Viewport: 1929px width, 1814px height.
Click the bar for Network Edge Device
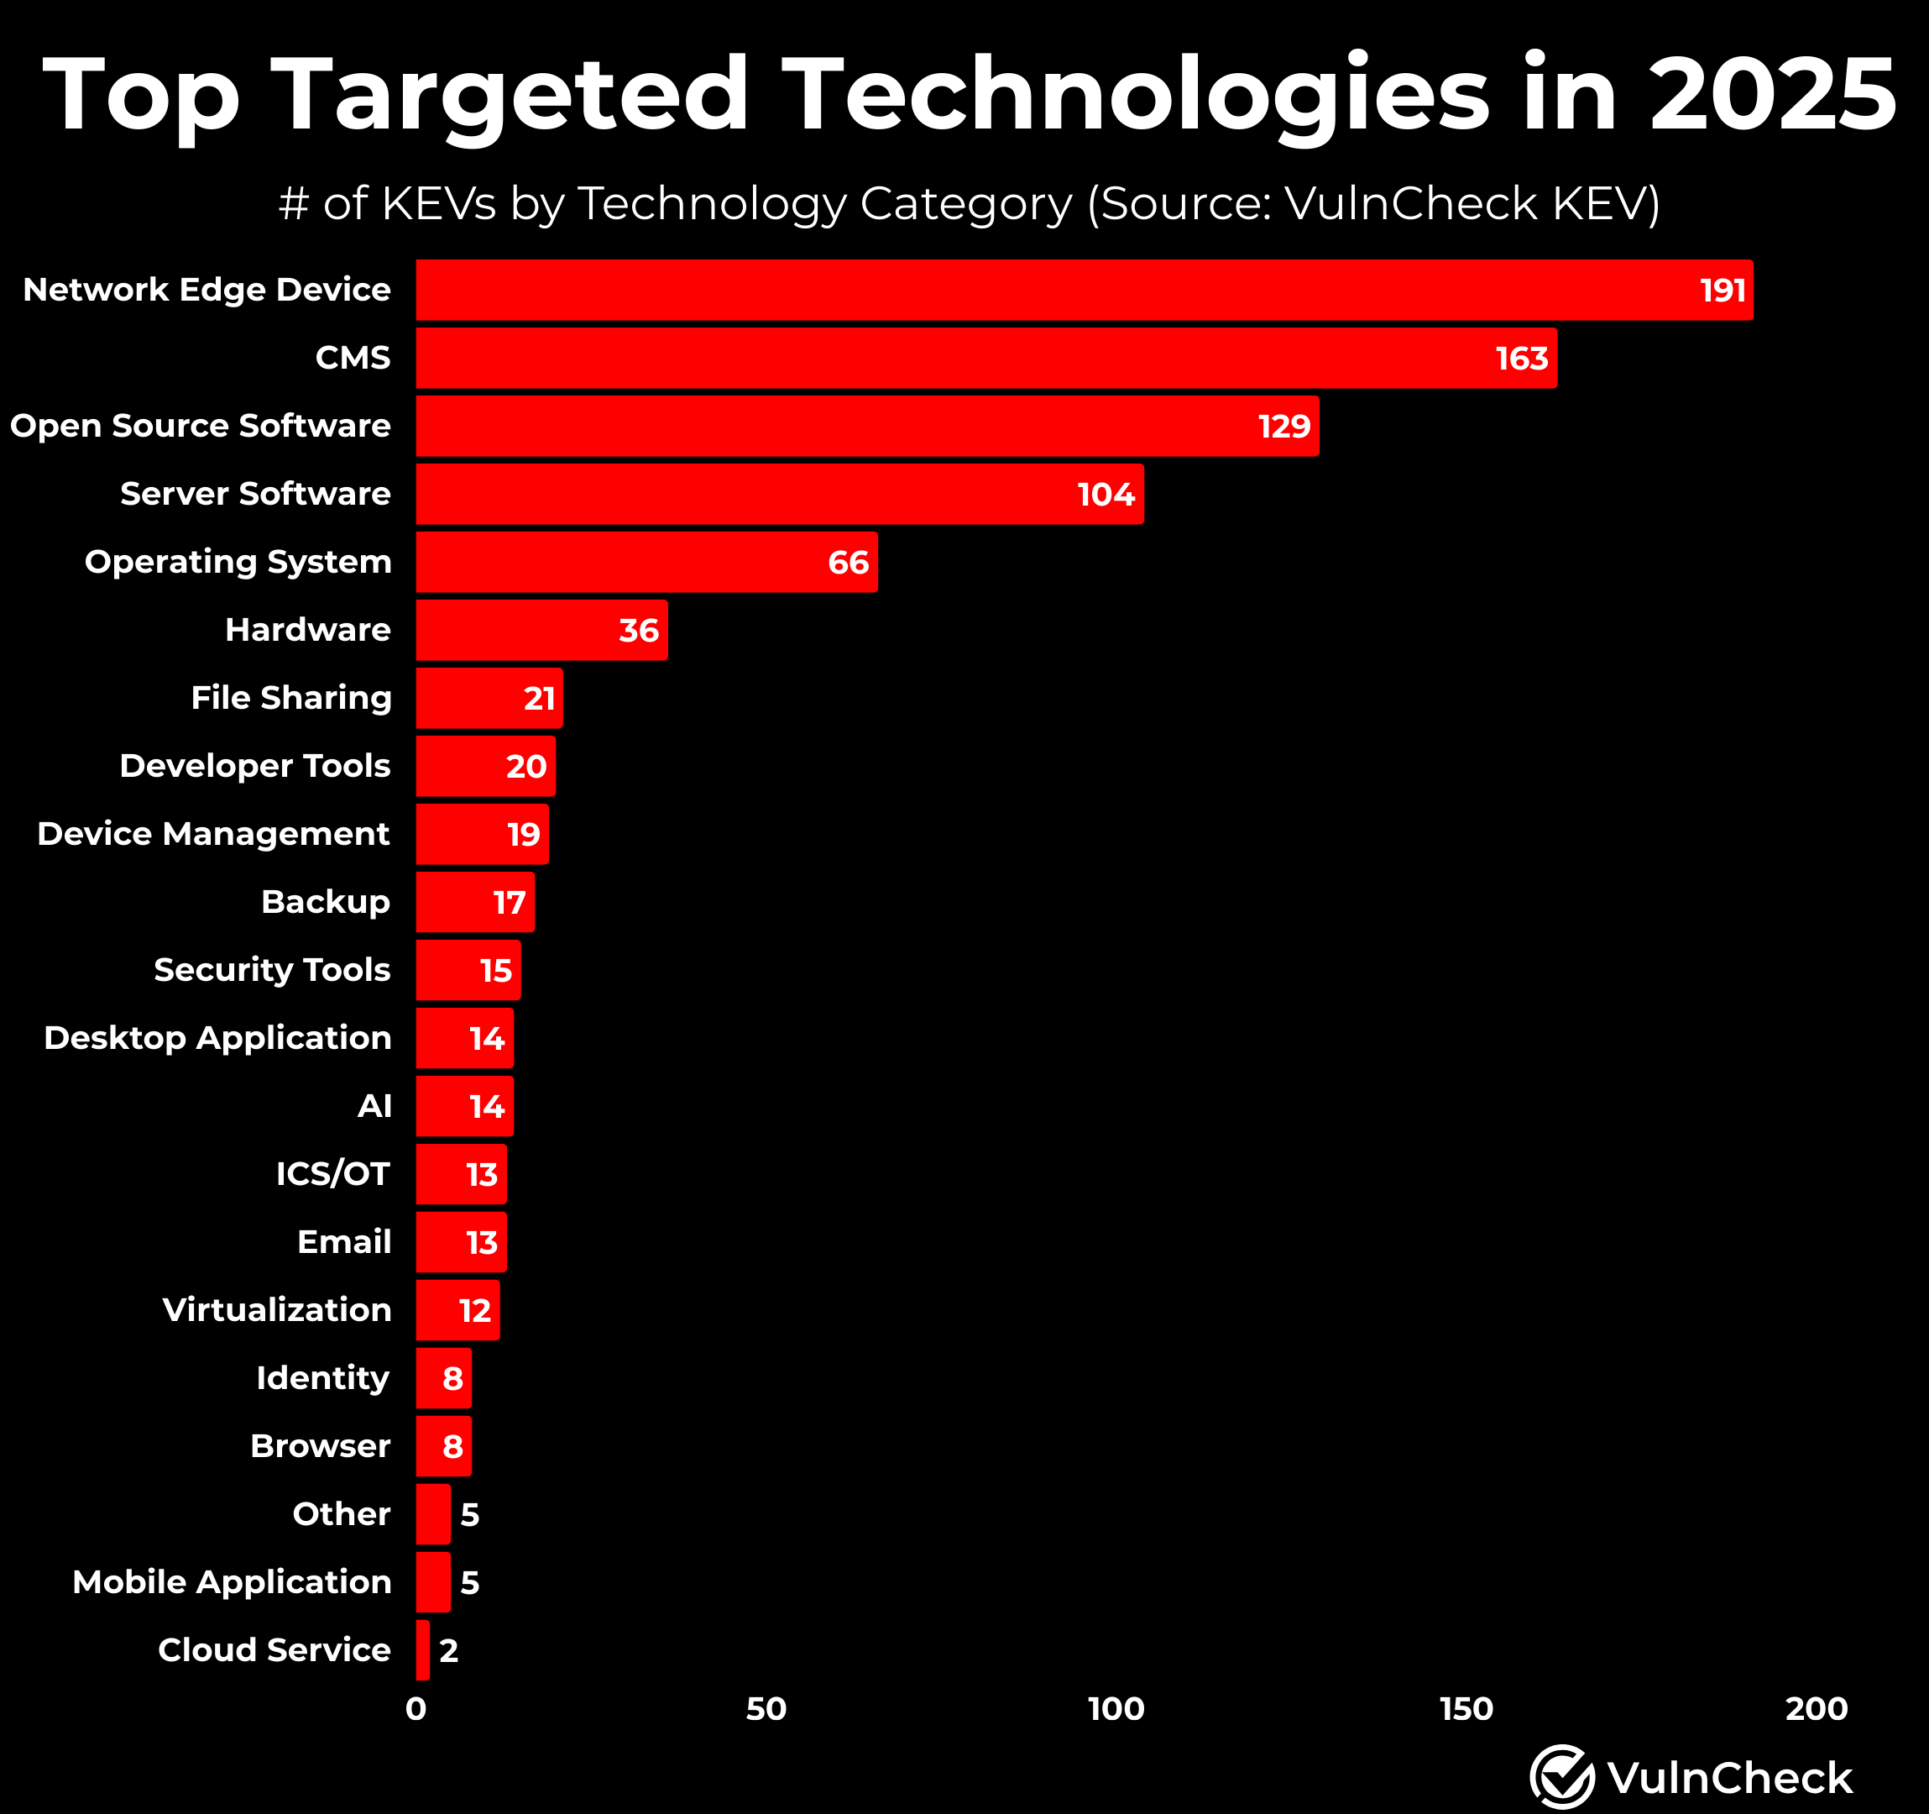pos(1068,291)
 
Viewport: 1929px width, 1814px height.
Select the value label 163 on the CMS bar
pos(1522,359)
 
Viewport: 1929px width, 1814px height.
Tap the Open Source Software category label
pos(201,426)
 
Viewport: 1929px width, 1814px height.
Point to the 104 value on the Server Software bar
pos(1106,495)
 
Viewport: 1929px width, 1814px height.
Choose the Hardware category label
pos(307,630)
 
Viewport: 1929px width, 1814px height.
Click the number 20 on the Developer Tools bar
pos(527,767)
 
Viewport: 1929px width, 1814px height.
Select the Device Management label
pos(213,834)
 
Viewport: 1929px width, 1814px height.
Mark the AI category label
pos(374,1106)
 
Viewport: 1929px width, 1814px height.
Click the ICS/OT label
pos(332,1174)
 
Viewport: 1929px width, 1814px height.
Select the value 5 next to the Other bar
pos(469,1514)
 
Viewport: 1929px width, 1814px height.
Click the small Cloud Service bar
pos(423,1650)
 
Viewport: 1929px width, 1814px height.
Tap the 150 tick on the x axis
pos(1466,1709)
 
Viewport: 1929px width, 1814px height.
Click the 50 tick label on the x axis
pos(766,1709)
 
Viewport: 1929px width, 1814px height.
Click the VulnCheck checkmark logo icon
pos(1561,1777)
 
